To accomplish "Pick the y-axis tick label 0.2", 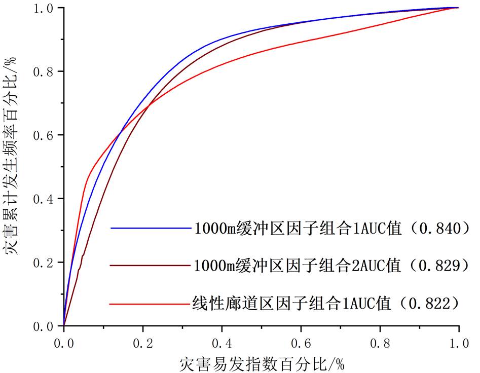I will point(44,262).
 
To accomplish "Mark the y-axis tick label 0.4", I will point(44,199).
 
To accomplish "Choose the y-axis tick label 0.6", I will point(44,135).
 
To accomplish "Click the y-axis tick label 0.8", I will point(44,71).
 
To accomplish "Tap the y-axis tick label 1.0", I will point(44,8).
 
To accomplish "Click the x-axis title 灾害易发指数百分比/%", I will point(261,363).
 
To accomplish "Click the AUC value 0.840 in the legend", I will point(439,229).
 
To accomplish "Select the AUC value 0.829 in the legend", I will point(439,265).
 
